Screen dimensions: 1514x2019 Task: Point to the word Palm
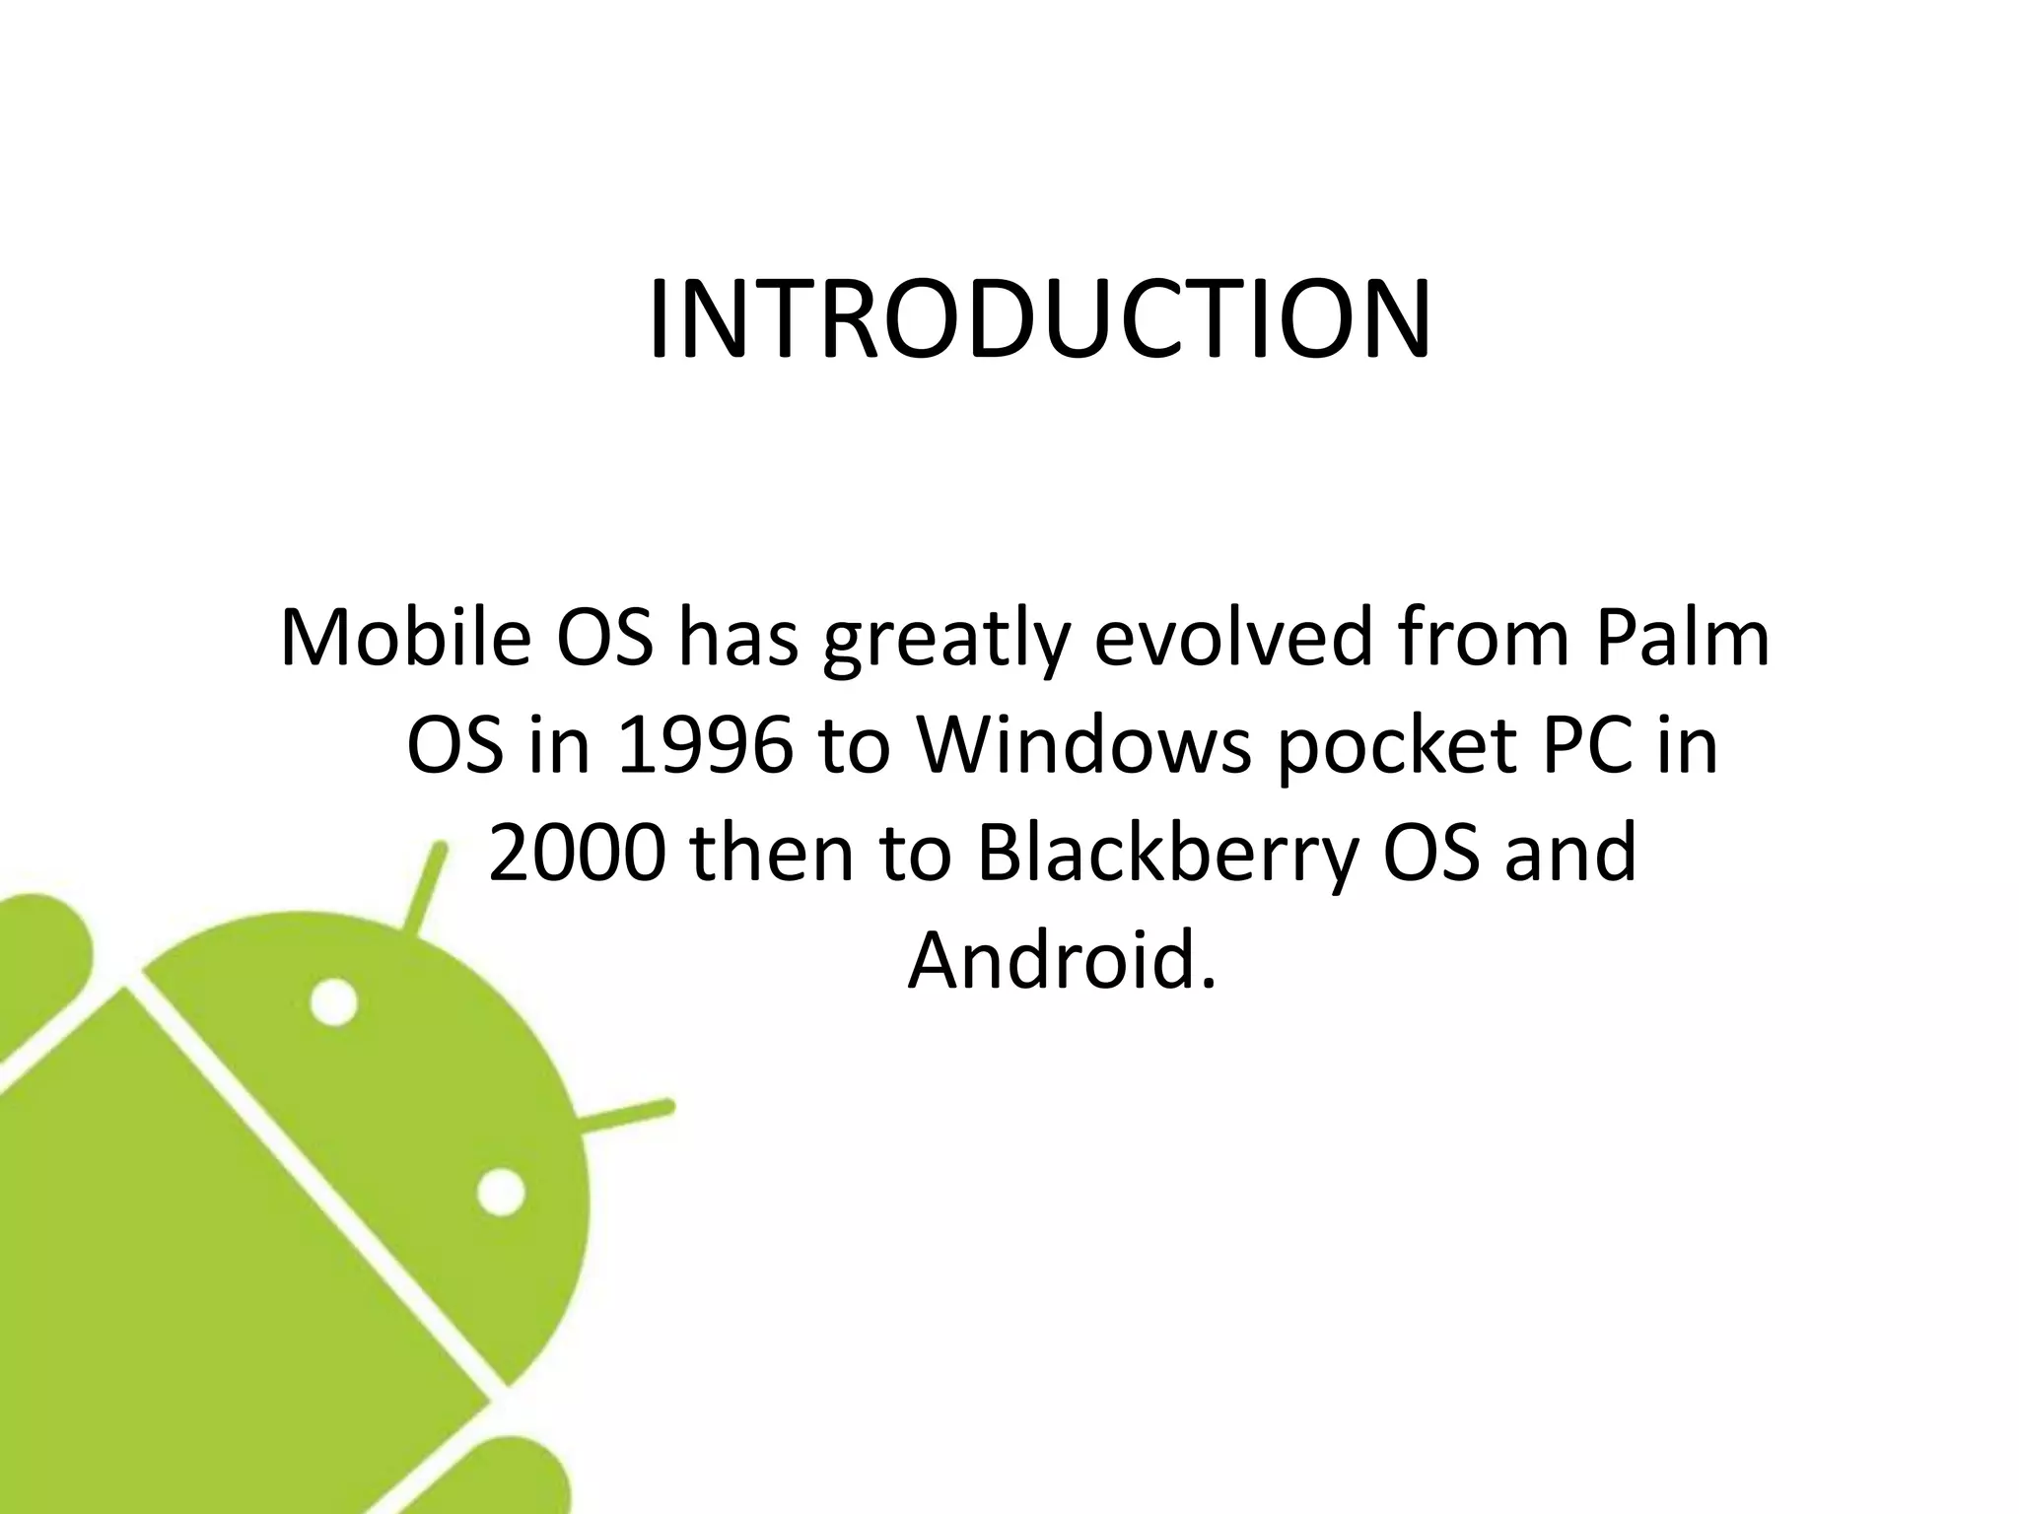1683,638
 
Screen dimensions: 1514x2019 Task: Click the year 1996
704,746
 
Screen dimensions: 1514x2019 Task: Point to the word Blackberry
1168,855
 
